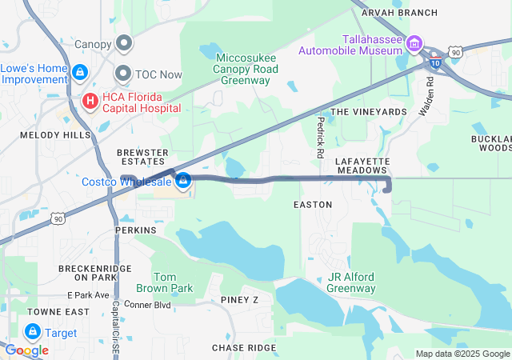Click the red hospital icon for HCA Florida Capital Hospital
pyautogui.click(x=90, y=101)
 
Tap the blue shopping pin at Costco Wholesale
pyautogui.click(x=183, y=181)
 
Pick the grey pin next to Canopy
pyautogui.click(x=124, y=42)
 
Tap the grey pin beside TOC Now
pyautogui.click(x=123, y=74)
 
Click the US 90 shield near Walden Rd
pyautogui.click(x=455, y=52)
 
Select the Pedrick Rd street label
pyautogui.click(x=320, y=136)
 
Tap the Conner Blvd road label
pyautogui.click(x=148, y=305)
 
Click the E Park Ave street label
pyautogui.click(x=88, y=295)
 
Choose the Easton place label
pyautogui.click(x=313, y=205)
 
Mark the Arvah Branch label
pyautogui.click(x=399, y=13)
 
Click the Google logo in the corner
pyautogui.click(x=26, y=350)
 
